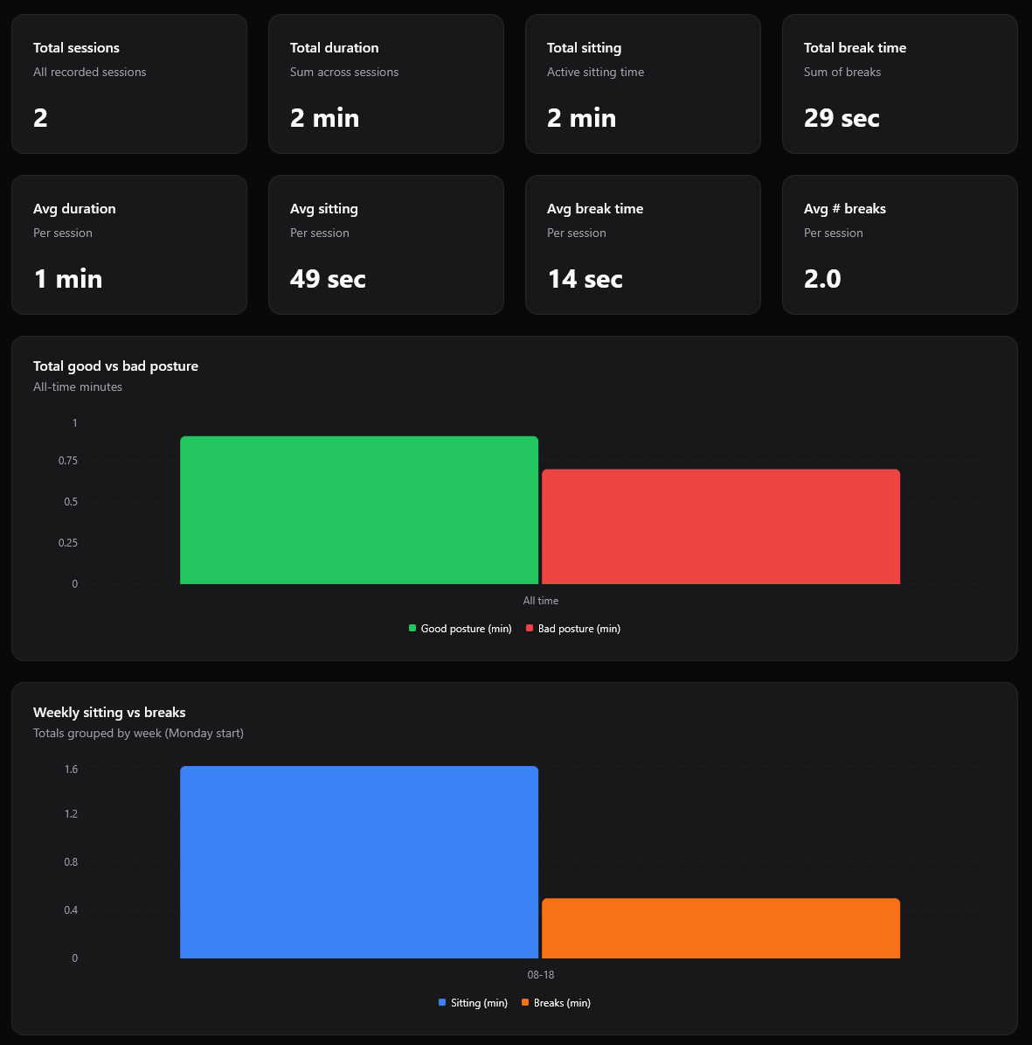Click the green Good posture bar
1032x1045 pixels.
click(x=359, y=510)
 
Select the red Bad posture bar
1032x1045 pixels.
click(x=721, y=526)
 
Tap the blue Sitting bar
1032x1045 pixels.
click(x=359, y=862)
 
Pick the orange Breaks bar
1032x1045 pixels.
click(x=721, y=928)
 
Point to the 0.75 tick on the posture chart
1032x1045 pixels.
click(x=68, y=461)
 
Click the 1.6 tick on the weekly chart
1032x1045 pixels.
click(x=71, y=770)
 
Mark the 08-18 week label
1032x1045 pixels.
click(x=540, y=975)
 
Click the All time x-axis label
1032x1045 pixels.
click(x=540, y=601)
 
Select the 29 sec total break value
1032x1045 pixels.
click(x=842, y=118)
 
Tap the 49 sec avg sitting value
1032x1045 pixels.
click(x=328, y=279)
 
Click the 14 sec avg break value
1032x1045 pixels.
click(x=585, y=279)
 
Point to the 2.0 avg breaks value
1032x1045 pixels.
click(x=822, y=279)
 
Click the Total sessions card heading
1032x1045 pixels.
click(x=76, y=48)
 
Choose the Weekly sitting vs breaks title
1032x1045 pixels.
click(x=109, y=713)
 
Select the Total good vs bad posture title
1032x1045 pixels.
click(x=115, y=366)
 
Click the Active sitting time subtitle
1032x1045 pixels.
click(x=595, y=73)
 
